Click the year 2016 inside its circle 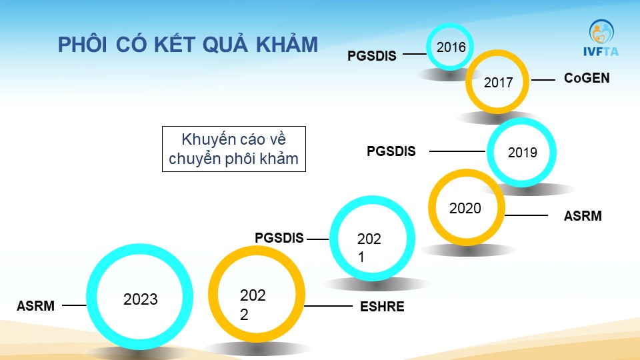[451, 47]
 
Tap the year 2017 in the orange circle [498, 83]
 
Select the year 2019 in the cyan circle [522, 153]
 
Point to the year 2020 [465, 208]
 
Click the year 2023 [141, 299]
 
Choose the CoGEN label [587, 78]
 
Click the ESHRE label [382, 307]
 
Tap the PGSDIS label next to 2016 [371, 55]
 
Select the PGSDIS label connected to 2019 [391, 151]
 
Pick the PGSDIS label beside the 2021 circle [279, 238]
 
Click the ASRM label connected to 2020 [583, 216]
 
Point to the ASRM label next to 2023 [35, 306]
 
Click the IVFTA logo [601, 37]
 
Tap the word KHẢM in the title [287, 44]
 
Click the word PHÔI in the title [82, 44]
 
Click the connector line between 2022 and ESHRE [329, 306]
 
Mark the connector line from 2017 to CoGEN [543, 80]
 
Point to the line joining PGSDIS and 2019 [457, 151]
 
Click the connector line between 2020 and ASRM [526, 215]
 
